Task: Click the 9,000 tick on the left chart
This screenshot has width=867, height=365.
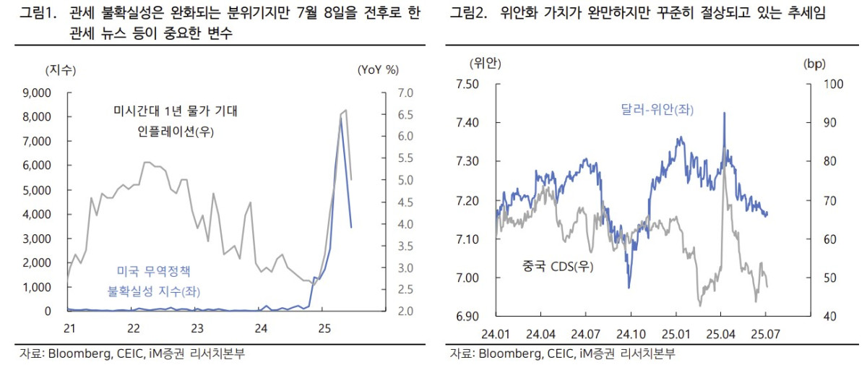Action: click(38, 93)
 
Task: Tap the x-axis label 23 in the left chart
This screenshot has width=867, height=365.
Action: click(197, 328)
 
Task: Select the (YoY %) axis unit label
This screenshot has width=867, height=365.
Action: click(378, 70)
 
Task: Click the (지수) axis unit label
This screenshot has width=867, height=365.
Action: click(61, 70)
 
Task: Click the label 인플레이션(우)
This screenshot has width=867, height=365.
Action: click(177, 132)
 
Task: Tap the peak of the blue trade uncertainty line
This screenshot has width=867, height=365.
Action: click(340, 118)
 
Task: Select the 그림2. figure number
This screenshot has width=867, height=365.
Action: click(470, 13)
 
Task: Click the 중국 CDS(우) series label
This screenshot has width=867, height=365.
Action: click(558, 267)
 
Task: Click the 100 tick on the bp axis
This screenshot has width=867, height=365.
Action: click(824, 84)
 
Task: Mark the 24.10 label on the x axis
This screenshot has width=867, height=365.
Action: click(630, 335)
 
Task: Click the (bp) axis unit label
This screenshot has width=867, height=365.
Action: click(814, 64)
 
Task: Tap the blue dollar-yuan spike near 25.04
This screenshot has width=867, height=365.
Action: click(724, 113)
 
